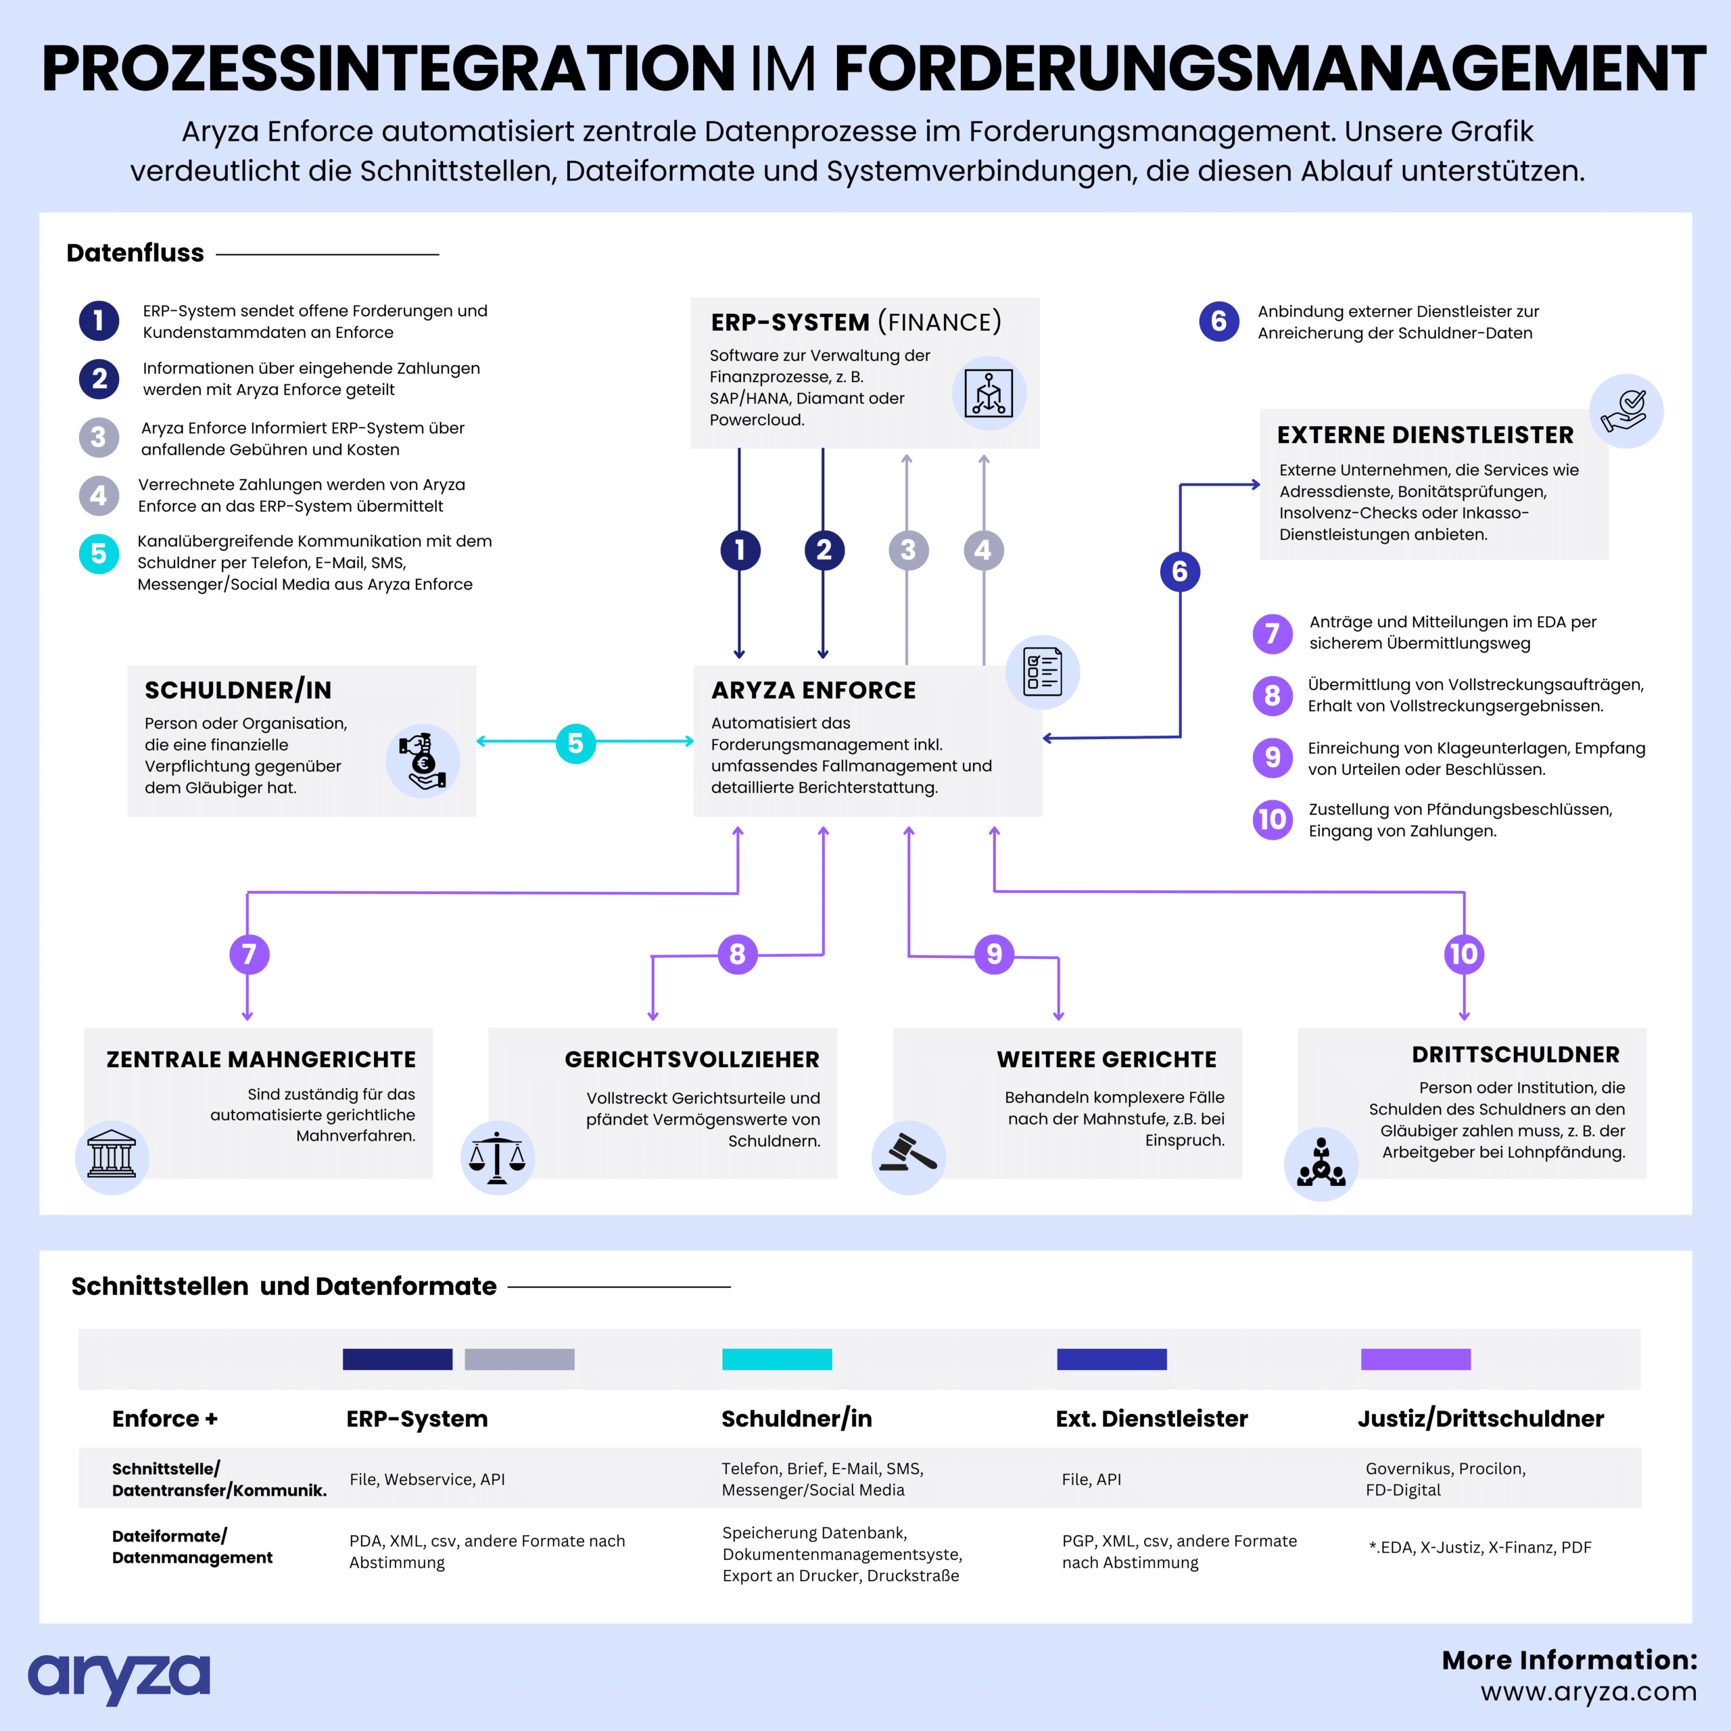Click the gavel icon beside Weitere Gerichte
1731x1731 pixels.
[909, 1157]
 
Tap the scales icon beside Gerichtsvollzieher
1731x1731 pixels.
[497, 1157]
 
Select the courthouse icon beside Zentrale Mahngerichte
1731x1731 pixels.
[112, 1157]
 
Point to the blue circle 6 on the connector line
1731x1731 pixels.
[1180, 571]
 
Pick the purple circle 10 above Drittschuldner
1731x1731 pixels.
[1464, 954]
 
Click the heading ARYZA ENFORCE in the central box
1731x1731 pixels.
[813, 690]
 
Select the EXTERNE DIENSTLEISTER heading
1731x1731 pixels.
[1425, 435]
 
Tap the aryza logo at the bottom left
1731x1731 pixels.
[119, 1678]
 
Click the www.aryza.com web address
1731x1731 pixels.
[1588, 1692]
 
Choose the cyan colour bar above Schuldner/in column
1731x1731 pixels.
[777, 1359]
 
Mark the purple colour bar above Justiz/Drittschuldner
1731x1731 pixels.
[1416, 1359]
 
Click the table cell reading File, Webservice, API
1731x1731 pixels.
[427, 1479]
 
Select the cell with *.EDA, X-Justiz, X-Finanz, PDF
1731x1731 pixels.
[1480, 1547]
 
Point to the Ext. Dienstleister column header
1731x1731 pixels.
[1152, 1419]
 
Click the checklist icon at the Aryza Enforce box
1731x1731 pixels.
[1042, 672]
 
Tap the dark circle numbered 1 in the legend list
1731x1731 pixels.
[99, 321]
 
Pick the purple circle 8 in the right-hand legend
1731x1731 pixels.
[1273, 695]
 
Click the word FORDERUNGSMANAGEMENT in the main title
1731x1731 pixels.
[1271, 69]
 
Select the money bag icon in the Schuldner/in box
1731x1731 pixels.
[423, 761]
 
